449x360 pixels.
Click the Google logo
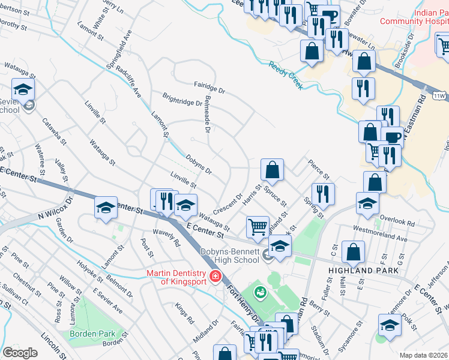pyautogui.click(x=20, y=353)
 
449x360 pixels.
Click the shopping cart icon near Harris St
pyautogui.click(x=258, y=227)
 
